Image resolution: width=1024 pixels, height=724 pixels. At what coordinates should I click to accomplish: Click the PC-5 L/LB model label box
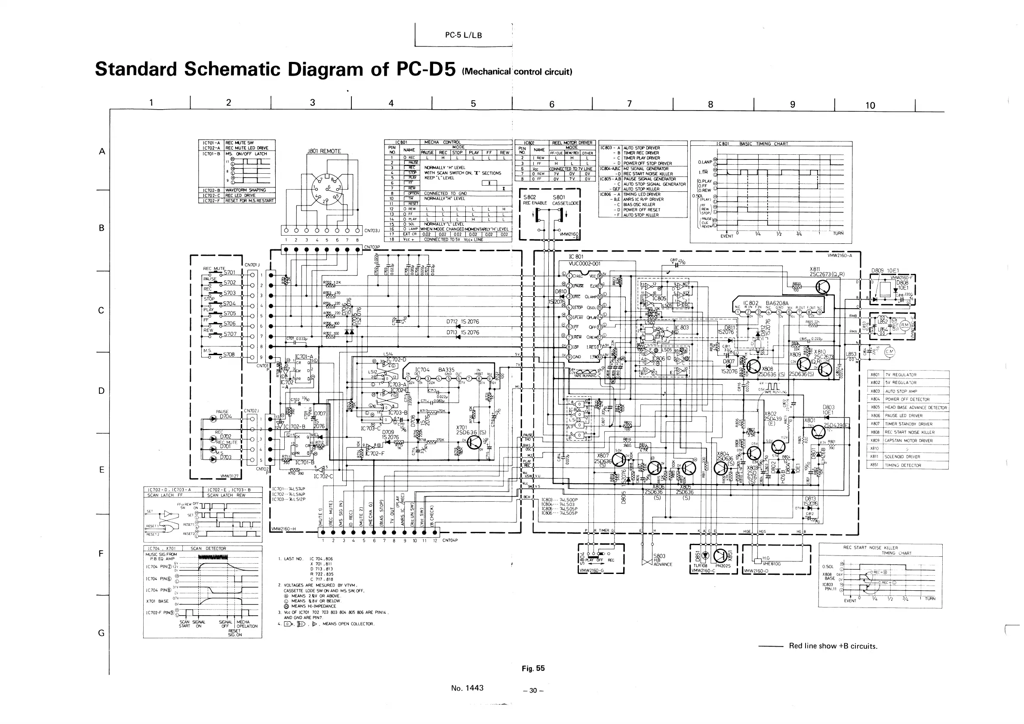pyautogui.click(x=463, y=35)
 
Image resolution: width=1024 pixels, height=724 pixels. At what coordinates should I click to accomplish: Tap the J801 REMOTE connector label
pyautogui.click(x=324, y=151)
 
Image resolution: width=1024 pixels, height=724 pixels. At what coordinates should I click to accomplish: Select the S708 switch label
pyautogui.click(x=229, y=354)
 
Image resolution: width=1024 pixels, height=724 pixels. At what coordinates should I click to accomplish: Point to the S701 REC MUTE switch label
pyautogui.click(x=229, y=272)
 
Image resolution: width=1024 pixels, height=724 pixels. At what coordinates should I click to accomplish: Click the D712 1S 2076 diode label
pyautogui.click(x=462, y=322)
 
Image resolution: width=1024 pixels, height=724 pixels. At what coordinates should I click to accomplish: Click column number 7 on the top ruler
pyautogui.click(x=629, y=104)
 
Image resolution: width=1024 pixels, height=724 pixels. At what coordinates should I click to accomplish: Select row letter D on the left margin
pyautogui.click(x=101, y=391)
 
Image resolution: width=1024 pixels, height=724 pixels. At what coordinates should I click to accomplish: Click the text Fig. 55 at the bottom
pyautogui.click(x=533, y=668)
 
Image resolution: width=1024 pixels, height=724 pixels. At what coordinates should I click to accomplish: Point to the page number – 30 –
pyautogui.click(x=533, y=690)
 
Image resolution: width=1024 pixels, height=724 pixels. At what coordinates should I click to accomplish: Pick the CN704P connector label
pyautogui.click(x=450, y=540)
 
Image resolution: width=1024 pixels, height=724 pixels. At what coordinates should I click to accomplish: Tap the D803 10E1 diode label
pyautogui.click(x=829, y=410)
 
